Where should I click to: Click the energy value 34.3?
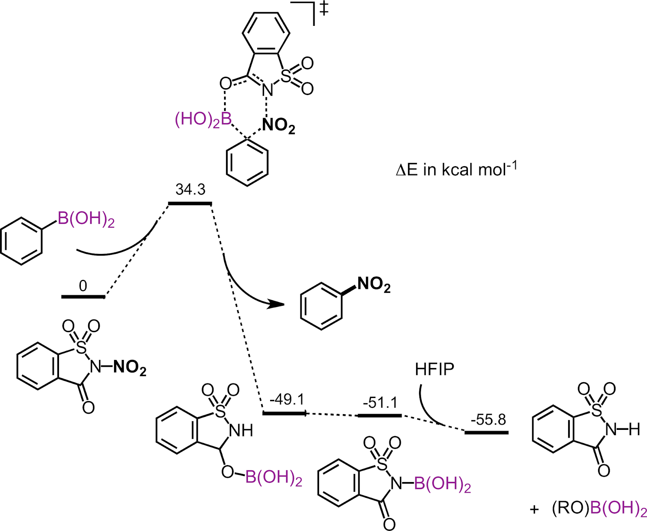pyautogui.click(x=190, y=189)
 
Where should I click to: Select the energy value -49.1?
pyautogui.click(x=287, y=400)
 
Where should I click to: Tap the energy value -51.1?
pyautogui.click(x=380, y=403)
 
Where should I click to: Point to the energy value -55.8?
pyautogui.click(x=488, y=420)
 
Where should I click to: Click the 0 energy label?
pyautogui.click(x=83, y=286)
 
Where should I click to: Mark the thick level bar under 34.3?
pyautogui.click(x=190, y=203)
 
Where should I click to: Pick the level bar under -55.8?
pyautogui.click(x=486, y=433)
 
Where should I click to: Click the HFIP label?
pyautogui.click(x=434, y=369)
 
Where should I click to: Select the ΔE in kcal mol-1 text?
pyautogui.click(x=457, y=169)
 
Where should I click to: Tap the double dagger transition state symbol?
pyautogui.click(x=323, y=9)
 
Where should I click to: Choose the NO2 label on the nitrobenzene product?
pyautogui.click(x=374, y=285)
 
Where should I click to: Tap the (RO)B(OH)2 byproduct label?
pyautogui.click(x=599, y=509)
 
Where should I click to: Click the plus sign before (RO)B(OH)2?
pyautogui.click(x=535, y=510)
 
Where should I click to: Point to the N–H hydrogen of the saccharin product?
pyautogui.click(x=634, y=429)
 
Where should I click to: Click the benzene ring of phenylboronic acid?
pyautogui.click(x=21, y=241)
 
